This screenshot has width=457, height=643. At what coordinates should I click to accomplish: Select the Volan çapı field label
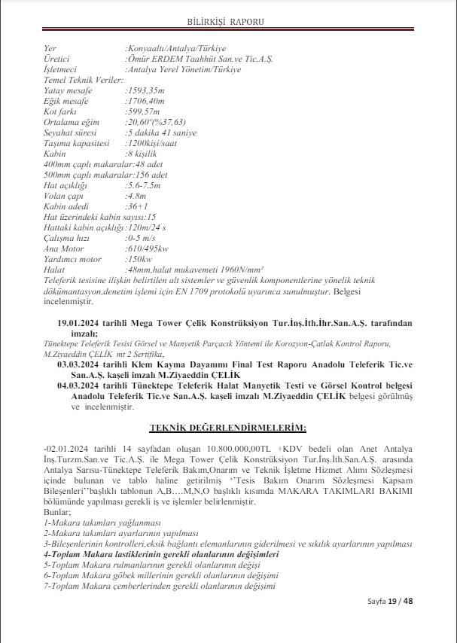65,195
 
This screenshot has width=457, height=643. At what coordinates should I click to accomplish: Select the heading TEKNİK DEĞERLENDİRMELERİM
227,428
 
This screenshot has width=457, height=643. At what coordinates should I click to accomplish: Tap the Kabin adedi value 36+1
137,206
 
